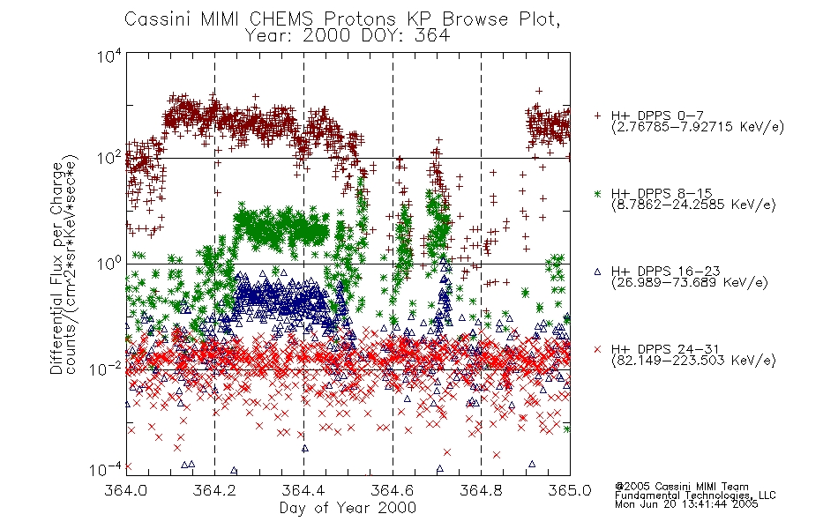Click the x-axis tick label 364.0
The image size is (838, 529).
125,490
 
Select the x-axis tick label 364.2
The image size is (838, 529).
214,490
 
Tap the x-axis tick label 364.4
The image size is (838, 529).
303,490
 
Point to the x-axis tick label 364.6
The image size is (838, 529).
393,490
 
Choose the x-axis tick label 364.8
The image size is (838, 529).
481,490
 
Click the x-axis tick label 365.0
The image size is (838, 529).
570,490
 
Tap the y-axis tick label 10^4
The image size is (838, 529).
109,56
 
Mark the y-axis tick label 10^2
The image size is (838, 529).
109,159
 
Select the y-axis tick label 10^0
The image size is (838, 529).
109,264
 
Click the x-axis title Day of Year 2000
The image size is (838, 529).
348,508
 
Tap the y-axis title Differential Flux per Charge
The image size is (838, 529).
56,268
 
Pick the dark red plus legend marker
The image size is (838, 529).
597,115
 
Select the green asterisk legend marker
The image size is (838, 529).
597,193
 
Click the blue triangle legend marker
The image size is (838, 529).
597,272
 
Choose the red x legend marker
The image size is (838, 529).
597,349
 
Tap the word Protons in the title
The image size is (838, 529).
359,19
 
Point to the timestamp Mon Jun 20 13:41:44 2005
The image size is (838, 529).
686,503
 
